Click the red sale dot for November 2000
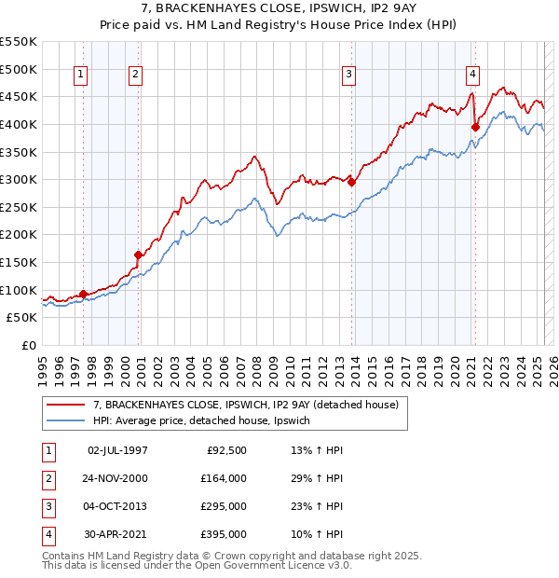[139, 255]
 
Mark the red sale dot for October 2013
[351, 183]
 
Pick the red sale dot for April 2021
[475, 127]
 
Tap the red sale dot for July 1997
[83, 294]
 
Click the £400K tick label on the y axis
[19, 124]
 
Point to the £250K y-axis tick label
[19, 207]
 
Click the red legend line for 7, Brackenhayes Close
[66, 405]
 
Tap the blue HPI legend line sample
[66, 421]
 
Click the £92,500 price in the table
[226, 450]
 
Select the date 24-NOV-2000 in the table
[116, 478]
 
